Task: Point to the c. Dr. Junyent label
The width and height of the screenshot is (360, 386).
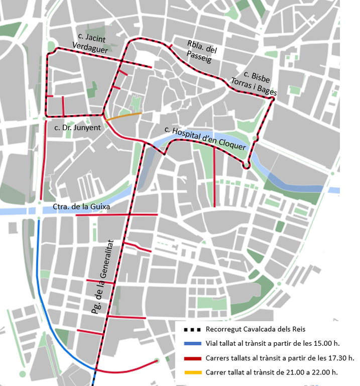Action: [77, 128]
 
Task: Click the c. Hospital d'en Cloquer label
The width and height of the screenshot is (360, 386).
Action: [206, 138]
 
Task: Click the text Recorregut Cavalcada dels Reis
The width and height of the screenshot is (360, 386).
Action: [256, 330]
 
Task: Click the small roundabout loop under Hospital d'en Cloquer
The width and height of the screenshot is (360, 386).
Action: [246, 164]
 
